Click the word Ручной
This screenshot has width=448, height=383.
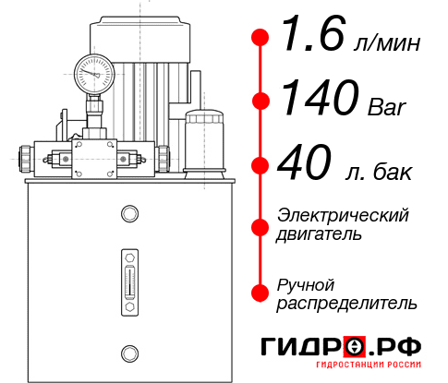pyautogui.click(x=306, y=283)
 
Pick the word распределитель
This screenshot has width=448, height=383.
pyautogui.click(x=346, y=302)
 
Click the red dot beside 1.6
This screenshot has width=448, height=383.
pyautogui.click(x=260, y=38)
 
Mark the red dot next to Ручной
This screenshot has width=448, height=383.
pyautogui.click(x=260, y=292)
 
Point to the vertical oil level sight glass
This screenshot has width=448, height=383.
pyautogui.click(x=127, y=276)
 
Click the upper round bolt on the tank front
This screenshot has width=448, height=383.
pyautogui.click(x=127, y=215)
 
